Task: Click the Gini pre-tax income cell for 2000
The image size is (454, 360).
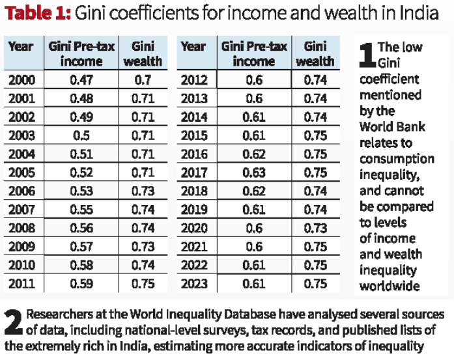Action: (81, 81)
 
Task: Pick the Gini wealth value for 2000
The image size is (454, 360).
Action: (143, 81)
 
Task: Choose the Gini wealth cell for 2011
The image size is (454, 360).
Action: (143, 283)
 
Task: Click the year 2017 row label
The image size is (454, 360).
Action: (193, 172)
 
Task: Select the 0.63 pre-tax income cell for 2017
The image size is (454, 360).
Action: (254, 172)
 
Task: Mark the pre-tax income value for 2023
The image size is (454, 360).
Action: (254, 283)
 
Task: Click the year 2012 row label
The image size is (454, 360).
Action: (193, 81)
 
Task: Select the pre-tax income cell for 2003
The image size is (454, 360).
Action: (81, 135)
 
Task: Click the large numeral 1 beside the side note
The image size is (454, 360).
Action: (367, 56)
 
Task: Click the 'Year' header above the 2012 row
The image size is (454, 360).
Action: (193, 46)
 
